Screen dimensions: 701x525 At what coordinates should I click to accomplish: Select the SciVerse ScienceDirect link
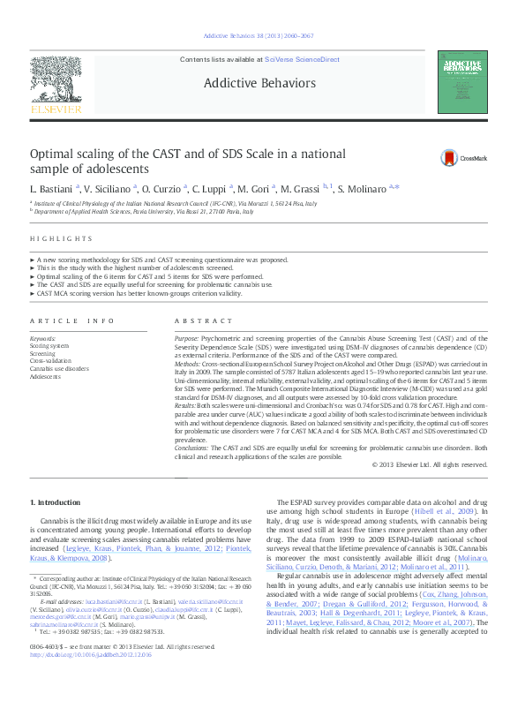click(x=304, y=59)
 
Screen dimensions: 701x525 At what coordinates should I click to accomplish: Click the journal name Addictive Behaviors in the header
click(x=259, y=83)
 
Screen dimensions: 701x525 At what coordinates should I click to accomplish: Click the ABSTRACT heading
click(x=195, y=320)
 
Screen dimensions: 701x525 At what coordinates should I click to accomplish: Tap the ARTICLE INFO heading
click(x=72, y=320)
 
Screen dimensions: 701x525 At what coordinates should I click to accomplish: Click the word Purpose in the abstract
click(x=186, y=338)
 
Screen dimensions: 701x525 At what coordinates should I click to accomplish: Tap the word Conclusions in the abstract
click(x=193, y=448)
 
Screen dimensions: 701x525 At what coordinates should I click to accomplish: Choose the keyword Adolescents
click(x=46, y=376)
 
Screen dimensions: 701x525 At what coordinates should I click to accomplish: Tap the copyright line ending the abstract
click(x=429, y=464)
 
